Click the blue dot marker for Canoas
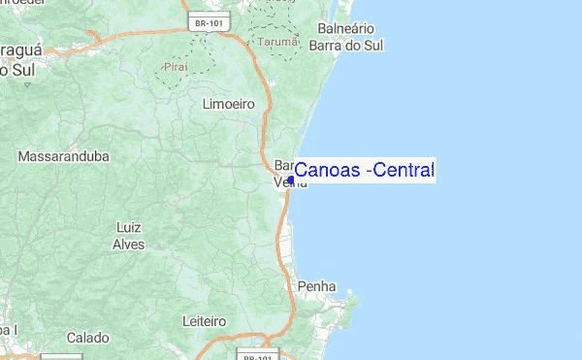pos(291,180)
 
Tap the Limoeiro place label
pos(228,103)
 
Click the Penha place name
pos(317,287)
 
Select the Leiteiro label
pos(204,320)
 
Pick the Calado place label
pos(87,338)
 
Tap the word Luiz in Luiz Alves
pos(129,227)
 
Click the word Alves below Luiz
pos(129,245)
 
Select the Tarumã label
pos(278,43)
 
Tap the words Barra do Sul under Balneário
pos(346,46)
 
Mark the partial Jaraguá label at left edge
pos(18,50)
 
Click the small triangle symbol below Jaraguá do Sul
pos(27,85)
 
